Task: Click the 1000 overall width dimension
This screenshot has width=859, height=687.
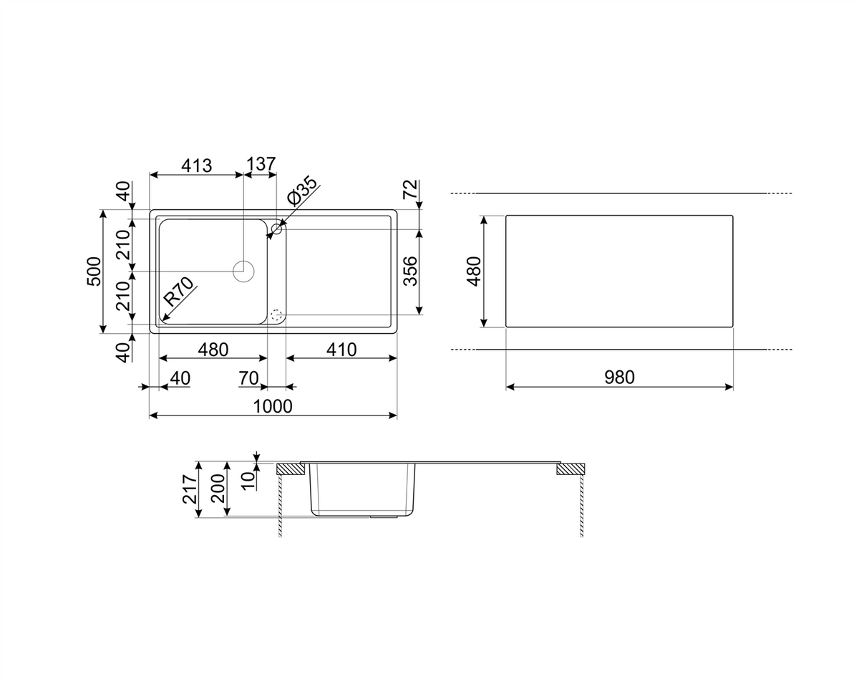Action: (x=273, y=407)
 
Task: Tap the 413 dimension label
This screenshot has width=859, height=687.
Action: (x=197, y=165)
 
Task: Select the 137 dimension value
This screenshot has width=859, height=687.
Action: (x=261, y=164)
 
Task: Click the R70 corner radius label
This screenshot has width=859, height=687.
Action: (x=178, y=292)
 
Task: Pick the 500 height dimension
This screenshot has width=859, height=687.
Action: (x=94, y=272)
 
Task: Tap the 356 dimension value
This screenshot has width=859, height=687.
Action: (x=410, y=272)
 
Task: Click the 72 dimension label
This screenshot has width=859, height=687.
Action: (x=410, y=189)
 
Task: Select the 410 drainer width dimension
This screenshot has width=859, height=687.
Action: (x=341, y=350)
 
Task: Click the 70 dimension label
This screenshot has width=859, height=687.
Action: (x=248, y=378)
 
